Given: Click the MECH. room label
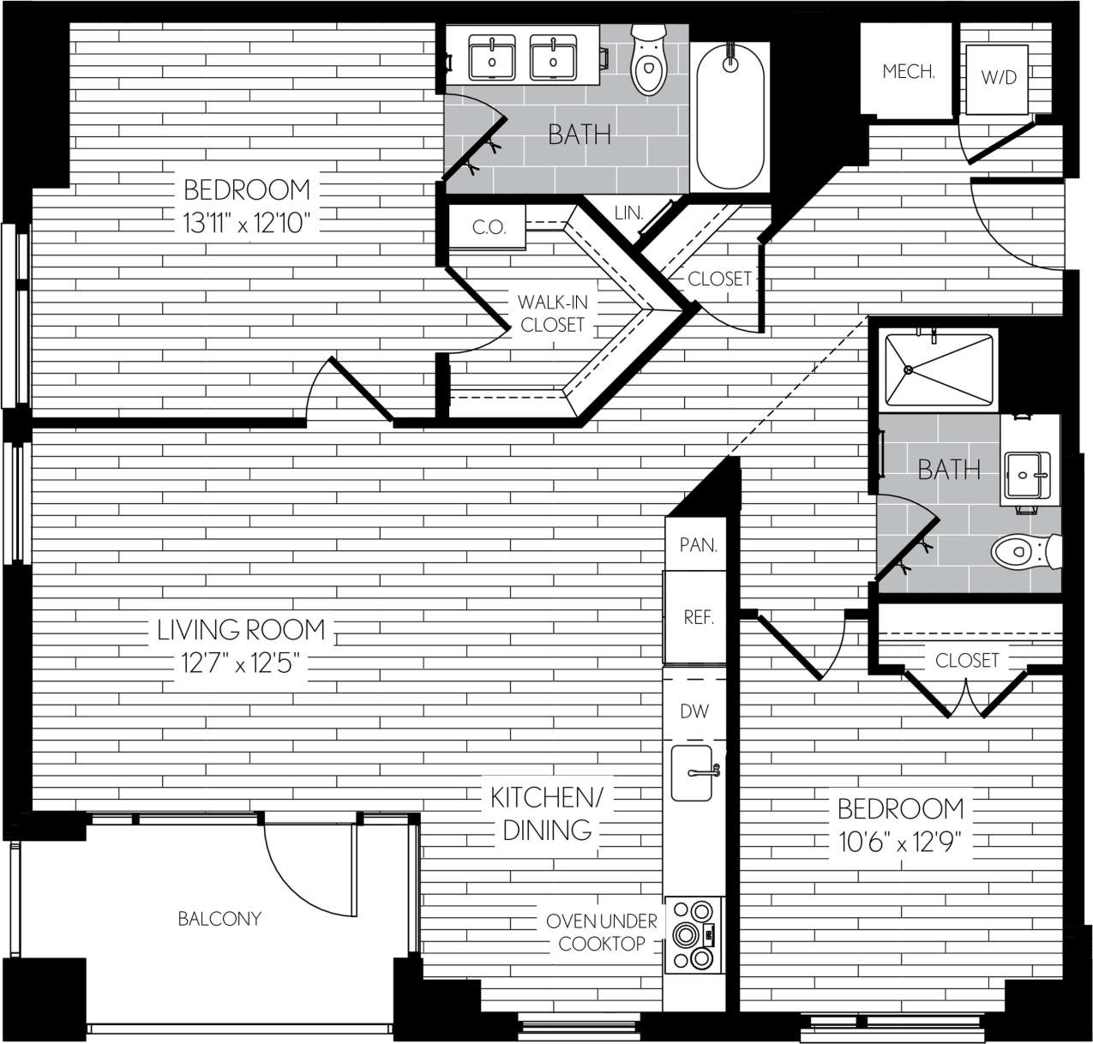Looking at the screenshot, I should (x=908, y=72).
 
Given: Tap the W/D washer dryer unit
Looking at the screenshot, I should (x=998, y=78).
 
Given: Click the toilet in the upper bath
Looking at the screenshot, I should (x=647, y=61).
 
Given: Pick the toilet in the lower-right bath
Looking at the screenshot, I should (x=1024, y=551).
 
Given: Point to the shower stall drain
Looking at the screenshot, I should (x=907, y=370).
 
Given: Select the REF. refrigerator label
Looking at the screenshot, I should (x=699, y=617).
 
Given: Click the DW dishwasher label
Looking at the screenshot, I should (x=694, y=711).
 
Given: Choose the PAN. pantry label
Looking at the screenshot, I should (x=698, y=545).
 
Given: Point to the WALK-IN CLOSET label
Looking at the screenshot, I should (x=552, y=314).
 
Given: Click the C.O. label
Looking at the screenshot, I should (x=489, y=228).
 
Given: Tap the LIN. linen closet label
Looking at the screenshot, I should (x=628, y=212).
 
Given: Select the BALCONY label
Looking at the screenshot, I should (x=219, y=919).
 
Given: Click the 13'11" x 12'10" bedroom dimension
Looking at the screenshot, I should (x=245, y=225).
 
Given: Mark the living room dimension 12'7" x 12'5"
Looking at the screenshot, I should (x=241, y=663).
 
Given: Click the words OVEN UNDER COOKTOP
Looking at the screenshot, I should (x=602, y=933).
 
